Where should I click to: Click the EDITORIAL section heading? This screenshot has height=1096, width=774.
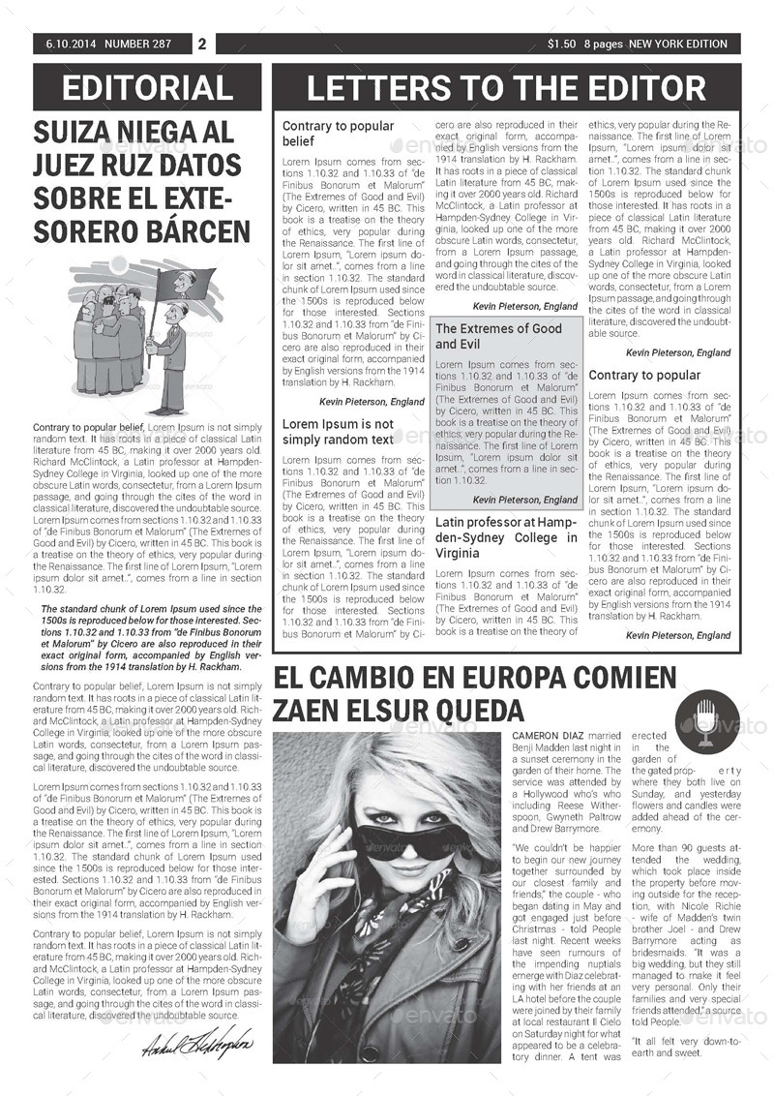(147, 87)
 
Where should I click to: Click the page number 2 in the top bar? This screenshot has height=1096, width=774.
(202, 44)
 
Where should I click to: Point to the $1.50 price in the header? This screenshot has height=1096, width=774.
(561, 44)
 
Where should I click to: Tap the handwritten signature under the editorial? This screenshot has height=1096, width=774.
(197, 1044)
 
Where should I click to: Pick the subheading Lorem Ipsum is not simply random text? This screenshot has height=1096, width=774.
(338, 432)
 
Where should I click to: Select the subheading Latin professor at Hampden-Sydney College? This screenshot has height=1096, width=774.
(496, 537)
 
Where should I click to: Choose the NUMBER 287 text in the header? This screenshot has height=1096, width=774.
(137, 44)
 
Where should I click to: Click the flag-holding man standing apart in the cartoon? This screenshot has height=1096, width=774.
(171, 353)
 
